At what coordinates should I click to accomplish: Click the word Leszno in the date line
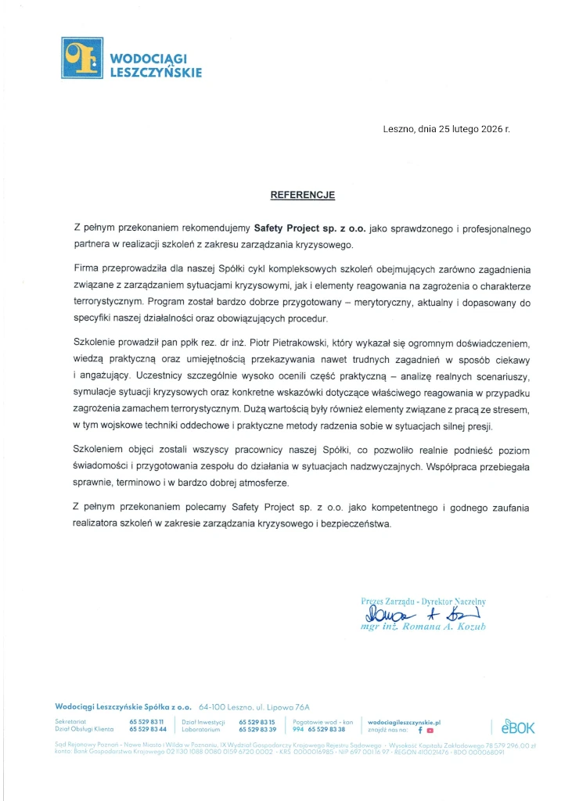tap(399, 128)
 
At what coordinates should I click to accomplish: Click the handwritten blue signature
tap(423, 614)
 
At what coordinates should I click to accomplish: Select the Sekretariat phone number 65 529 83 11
tap(146, 721)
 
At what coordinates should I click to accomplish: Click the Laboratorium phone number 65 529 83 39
tap(257, 729)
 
